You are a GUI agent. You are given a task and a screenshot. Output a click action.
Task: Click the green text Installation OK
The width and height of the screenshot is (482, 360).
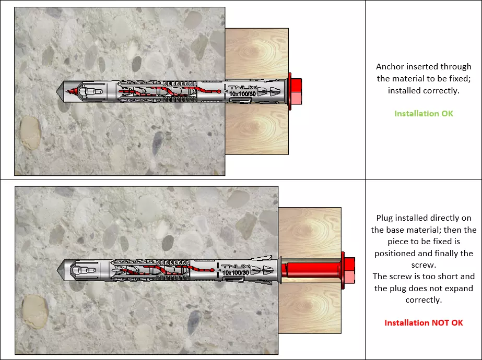tap(424, 114)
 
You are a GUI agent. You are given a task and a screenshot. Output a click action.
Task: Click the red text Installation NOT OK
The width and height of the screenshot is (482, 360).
tap(424, 323)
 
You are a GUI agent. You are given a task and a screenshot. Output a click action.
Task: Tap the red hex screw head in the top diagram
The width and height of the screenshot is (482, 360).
tap(296, 91)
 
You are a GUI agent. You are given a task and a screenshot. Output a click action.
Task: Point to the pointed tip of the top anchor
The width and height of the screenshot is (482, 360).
tap(57, 91)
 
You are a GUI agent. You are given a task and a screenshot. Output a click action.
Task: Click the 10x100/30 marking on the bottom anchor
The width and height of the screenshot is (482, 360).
tap(236, 272)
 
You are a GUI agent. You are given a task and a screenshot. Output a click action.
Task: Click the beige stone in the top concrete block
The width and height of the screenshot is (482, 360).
tap(30, 133)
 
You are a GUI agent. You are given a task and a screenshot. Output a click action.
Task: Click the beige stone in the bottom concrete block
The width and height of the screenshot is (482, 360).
tap(35, 312)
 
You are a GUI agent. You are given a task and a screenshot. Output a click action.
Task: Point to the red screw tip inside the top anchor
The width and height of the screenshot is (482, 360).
tap(68, 91)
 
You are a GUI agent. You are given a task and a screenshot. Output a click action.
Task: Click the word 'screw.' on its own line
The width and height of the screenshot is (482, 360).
tap(424, 265)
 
